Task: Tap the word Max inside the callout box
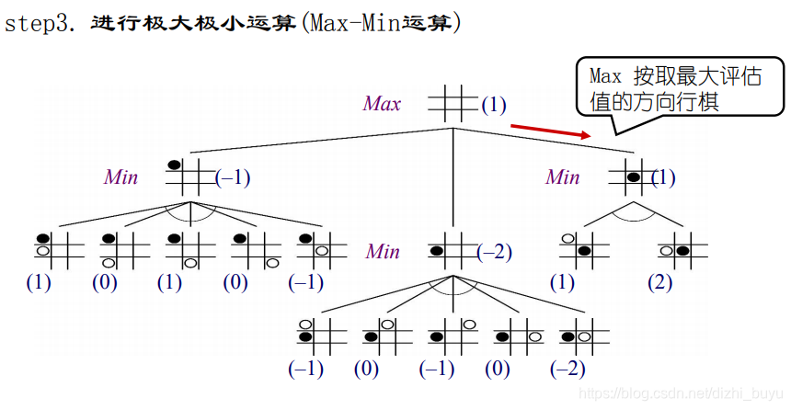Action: tap(606, 76)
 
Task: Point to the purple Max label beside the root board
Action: tap(382, 104)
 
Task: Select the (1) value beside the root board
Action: tap(493, 105)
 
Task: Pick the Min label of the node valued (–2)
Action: tap(383, 251)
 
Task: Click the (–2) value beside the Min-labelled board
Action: tap(495, 252)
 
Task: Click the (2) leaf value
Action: tap(659, 282)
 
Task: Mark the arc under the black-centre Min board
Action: tap(634, 211)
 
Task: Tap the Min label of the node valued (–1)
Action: tap(120, 177)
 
